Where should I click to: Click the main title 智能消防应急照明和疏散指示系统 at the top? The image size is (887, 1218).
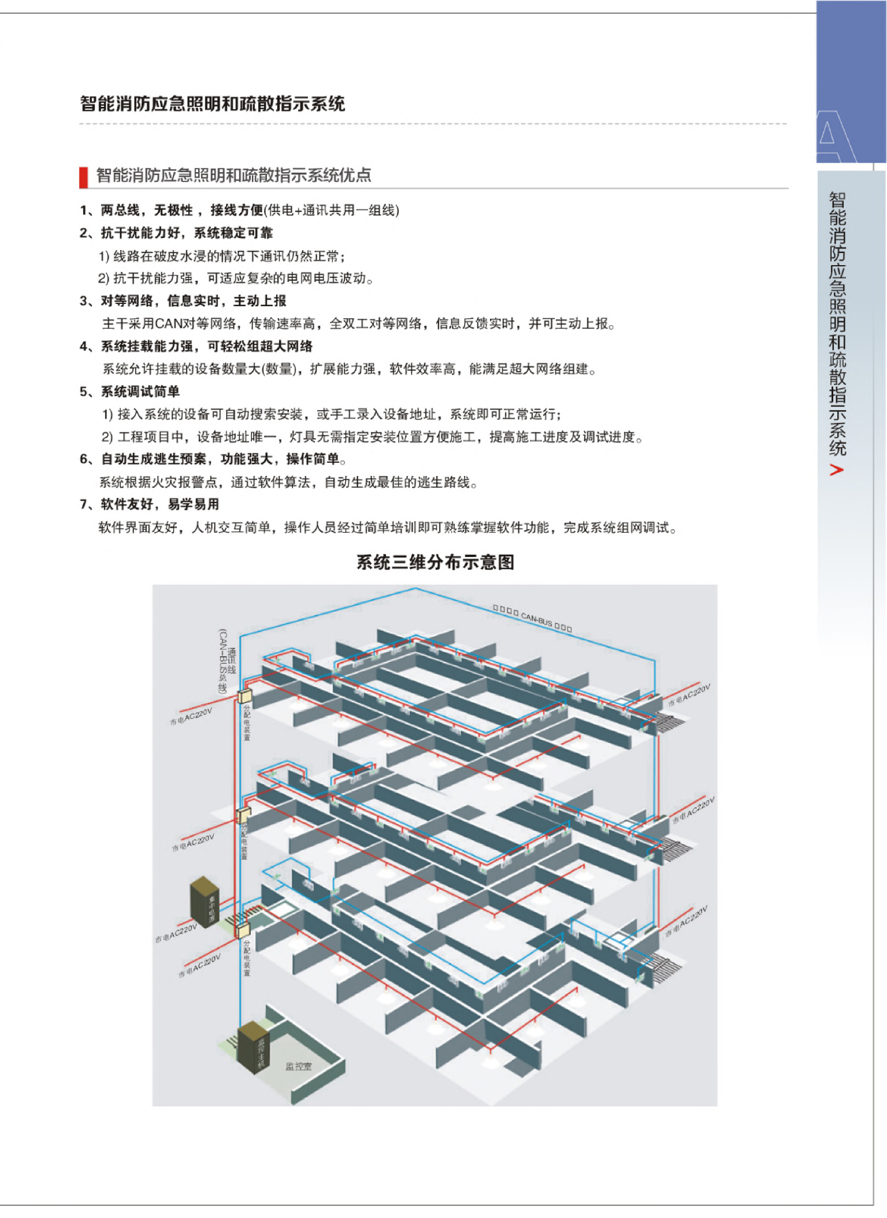212,104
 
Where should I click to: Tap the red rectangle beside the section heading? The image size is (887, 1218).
84,177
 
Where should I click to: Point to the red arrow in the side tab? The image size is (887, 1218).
837,470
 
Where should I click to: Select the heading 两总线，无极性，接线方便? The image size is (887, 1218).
181,210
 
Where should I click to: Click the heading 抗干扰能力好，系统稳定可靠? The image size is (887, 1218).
186,233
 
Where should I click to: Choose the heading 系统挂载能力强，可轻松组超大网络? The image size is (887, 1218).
206,347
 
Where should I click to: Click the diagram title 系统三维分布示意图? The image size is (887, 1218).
435,562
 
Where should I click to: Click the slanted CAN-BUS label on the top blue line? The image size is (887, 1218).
532,618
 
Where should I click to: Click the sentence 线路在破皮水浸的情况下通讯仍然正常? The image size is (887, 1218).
221,256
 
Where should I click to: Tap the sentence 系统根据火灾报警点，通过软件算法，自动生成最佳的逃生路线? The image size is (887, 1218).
288,483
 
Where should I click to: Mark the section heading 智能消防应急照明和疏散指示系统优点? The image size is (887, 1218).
234,176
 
